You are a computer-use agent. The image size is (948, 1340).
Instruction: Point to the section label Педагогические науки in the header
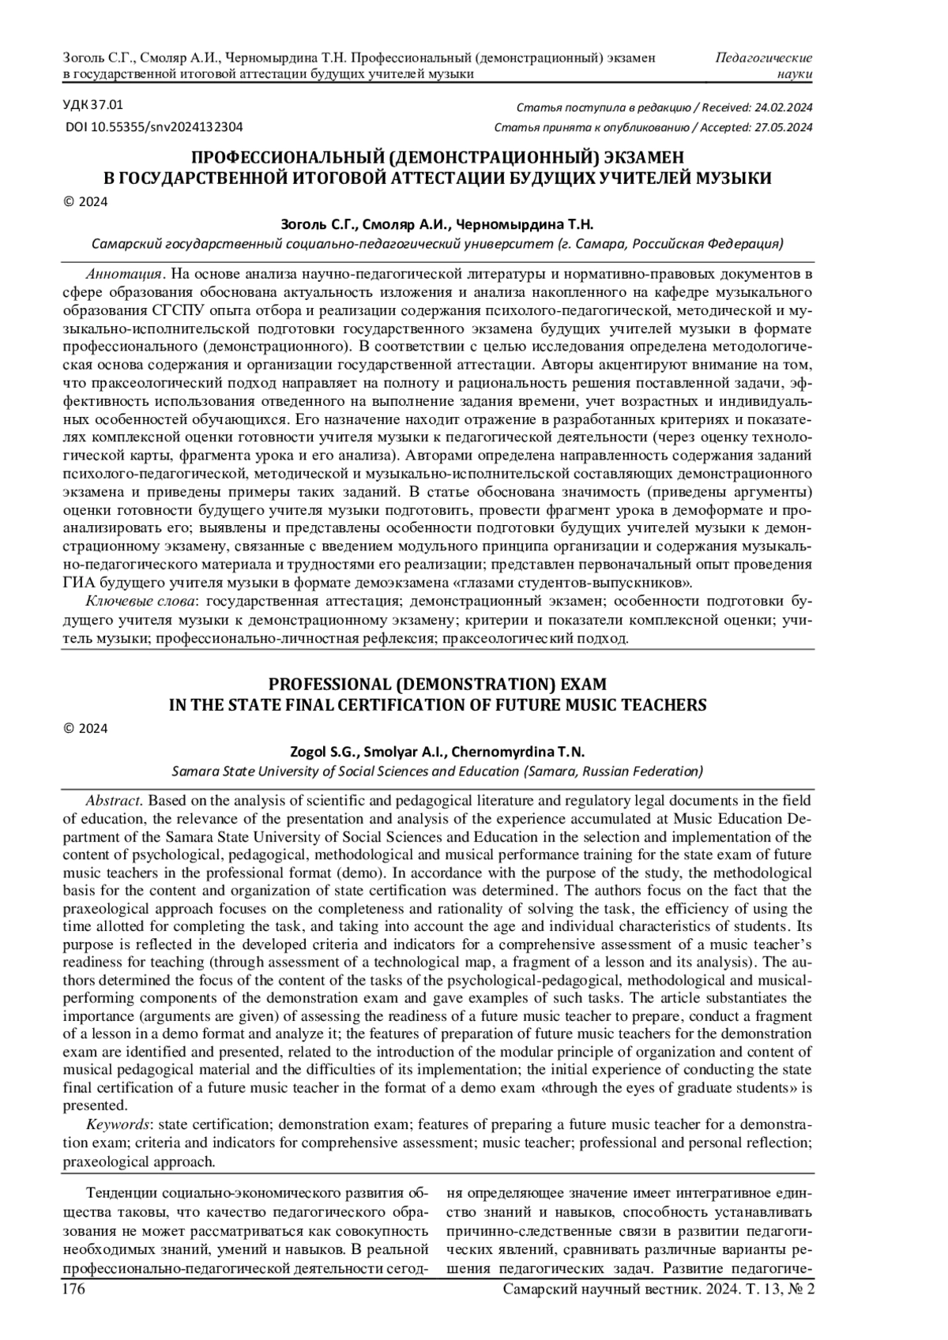tap(764, 66)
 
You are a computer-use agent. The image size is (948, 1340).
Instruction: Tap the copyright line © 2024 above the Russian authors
tap(85, 201)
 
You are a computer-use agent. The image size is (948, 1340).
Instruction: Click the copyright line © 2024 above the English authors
tap(85, 728)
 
